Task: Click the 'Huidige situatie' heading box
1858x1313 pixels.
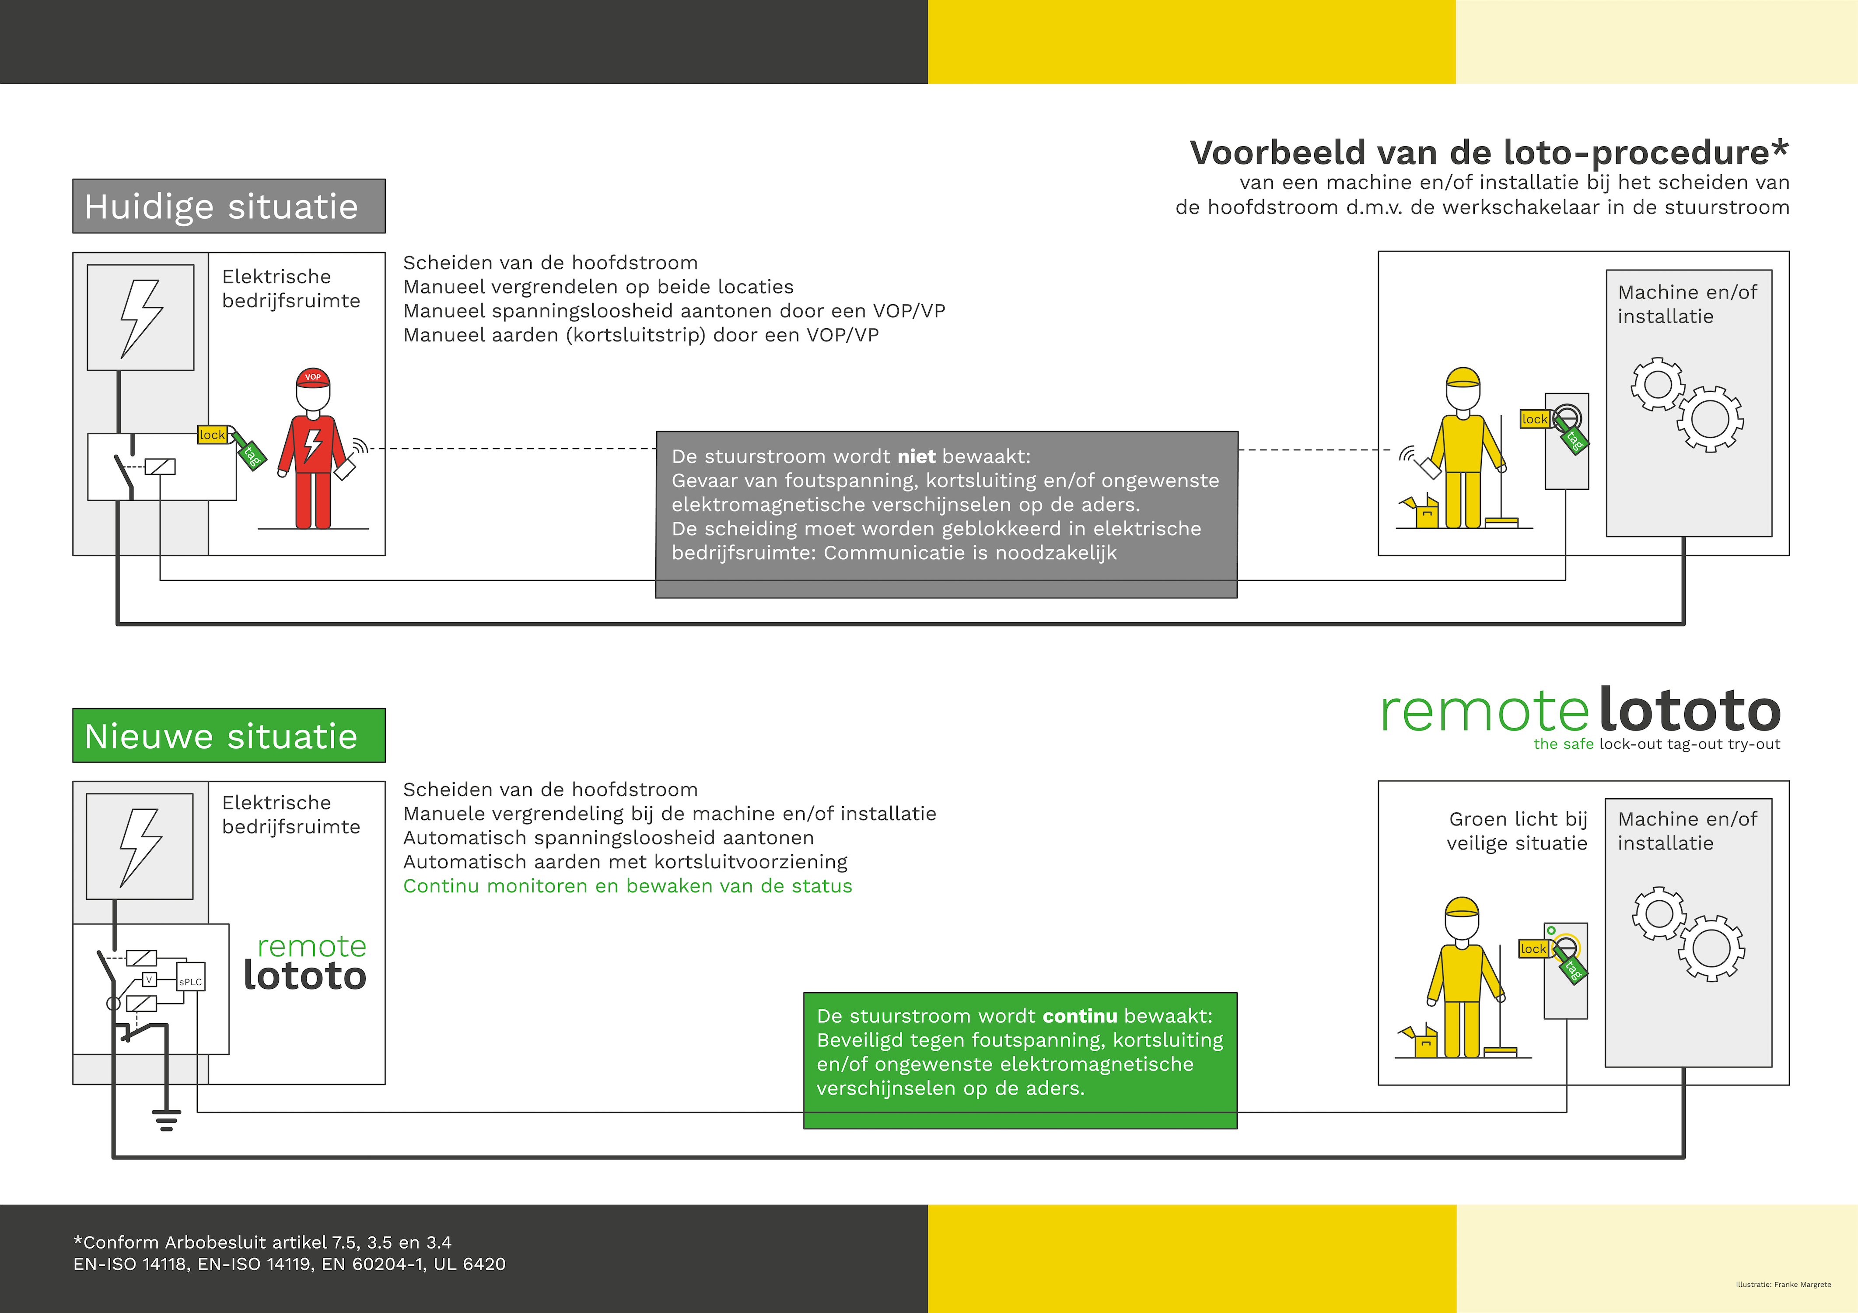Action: point(229,207)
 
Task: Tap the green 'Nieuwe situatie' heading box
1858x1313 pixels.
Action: point(229,735)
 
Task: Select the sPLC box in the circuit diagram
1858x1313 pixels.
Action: point(191,977)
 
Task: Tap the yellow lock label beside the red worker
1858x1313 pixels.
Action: point(213,435)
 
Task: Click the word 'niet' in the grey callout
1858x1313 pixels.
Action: point(917,456)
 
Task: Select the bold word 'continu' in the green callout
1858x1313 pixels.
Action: point(1080,1016)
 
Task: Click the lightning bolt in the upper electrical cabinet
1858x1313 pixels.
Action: point(142,318)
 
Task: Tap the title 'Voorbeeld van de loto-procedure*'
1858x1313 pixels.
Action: point(1489,152)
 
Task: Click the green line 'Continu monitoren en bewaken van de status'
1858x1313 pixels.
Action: point(628,886)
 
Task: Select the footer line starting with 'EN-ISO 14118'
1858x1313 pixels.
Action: point(289,1264)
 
